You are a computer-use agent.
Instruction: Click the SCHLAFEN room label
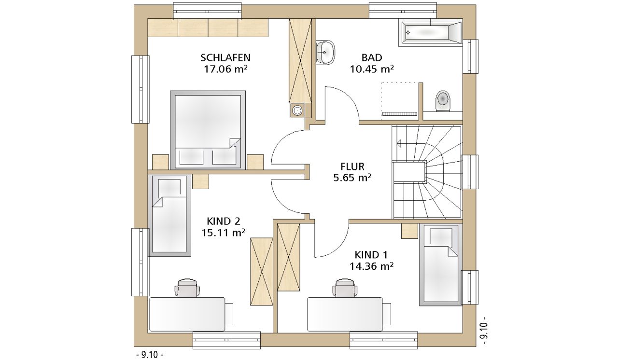tap(225, 57)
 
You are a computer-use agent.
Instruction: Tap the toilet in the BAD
tap(443, 101)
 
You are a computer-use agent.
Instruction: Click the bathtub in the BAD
tap(430, 32)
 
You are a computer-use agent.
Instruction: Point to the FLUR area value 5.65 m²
tap(352, 178)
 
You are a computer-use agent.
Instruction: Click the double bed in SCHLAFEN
tap(208, 130)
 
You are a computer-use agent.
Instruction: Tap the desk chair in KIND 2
tap(187, 288)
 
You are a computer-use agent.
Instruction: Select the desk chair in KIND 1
tap(345, 288)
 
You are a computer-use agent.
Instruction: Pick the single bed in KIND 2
tap(169, 215)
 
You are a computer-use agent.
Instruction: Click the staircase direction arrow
tap(399, 144)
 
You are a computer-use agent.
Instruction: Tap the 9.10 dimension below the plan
tap(150, 354)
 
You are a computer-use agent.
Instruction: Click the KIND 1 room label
tap(371, 255)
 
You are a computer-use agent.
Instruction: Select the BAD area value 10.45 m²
tap(372, 69)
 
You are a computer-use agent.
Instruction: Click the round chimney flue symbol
tap(297, 111)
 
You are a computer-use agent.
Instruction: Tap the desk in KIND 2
tap(187, 314)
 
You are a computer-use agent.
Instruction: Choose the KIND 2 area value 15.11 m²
tap(223, 233)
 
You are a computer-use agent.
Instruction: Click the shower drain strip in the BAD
tap(399, 113)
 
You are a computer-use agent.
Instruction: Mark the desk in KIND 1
tap(345, 314)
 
